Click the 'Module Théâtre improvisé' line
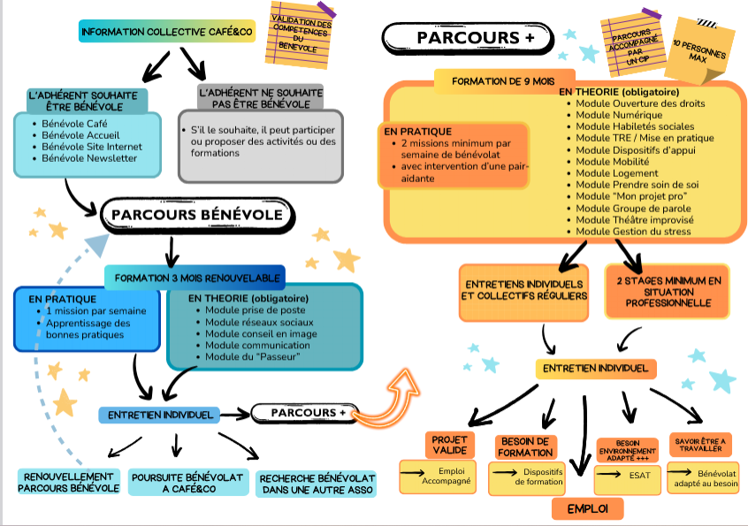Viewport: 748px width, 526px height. (x=634, y=219)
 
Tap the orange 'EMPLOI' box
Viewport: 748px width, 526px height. (x=587, y=508)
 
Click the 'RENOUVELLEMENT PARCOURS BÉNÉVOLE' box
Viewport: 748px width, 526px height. (x=69, y=482)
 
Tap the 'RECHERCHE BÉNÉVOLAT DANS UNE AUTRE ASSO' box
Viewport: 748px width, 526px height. (x=316, y=483)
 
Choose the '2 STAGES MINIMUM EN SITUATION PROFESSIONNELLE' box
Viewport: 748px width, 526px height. (x=667, y=291)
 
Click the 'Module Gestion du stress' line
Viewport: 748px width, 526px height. (x=633, y=232)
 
